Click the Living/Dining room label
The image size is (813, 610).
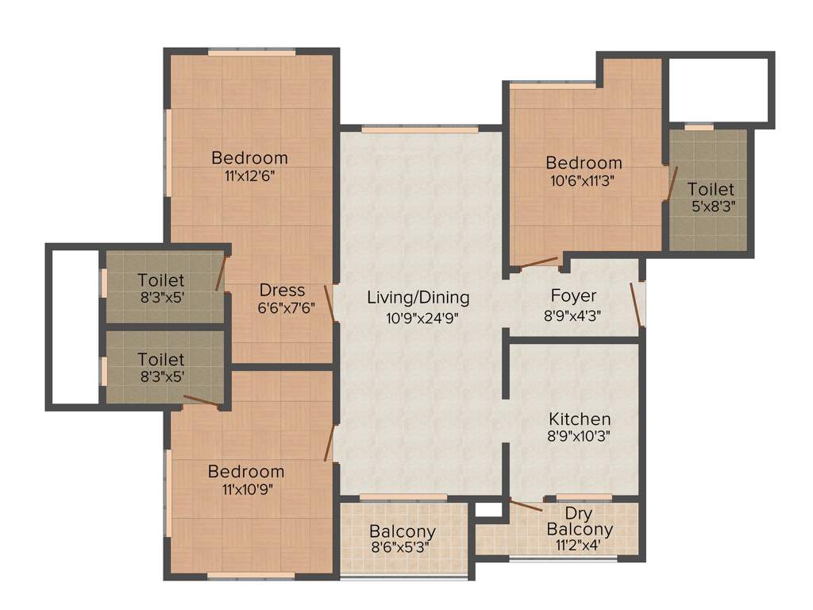(x=418, y=298)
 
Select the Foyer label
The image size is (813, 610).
(x=573, y=296)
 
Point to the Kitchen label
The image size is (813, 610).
(x=580, y=419)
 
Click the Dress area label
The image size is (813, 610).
(x=283, y=290)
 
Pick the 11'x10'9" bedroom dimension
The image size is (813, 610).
(x=246, y=489)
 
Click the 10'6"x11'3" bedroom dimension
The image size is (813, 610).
(x=584, y=180)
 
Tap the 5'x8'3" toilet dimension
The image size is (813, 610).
(x=712, y=208)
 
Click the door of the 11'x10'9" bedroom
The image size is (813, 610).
(x=329, y=441)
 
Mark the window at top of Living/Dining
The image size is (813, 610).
(x=420, y=129)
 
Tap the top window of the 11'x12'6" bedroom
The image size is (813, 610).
(x=252, y=52)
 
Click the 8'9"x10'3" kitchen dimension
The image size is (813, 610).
(x=580, y=436)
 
